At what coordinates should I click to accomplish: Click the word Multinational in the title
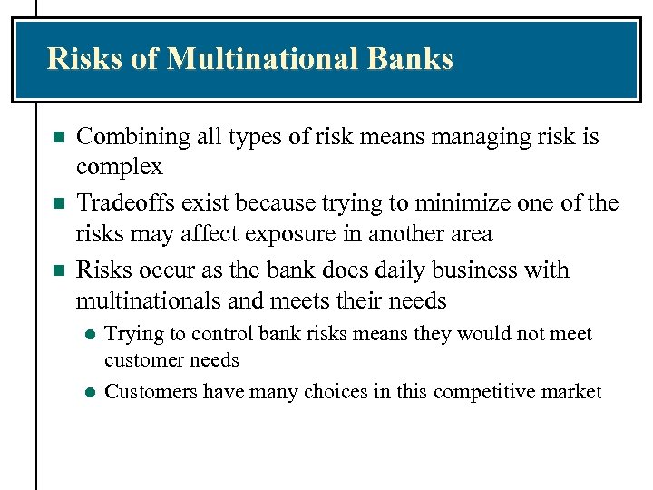pos(264,59)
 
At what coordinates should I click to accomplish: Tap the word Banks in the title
pos(411,59)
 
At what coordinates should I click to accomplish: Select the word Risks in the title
pos(82,59)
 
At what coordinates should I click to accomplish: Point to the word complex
pos(119,167)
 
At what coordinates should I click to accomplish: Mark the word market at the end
pos(574,392)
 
